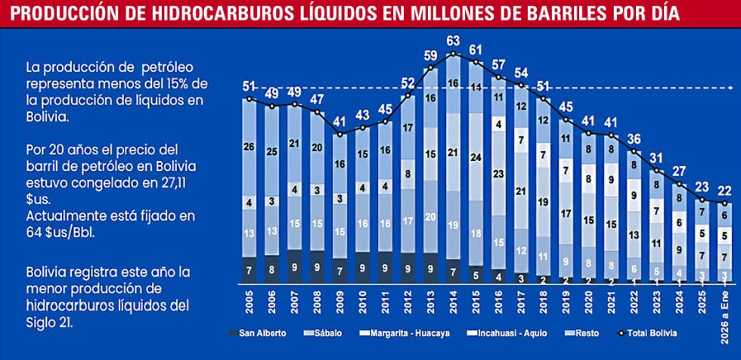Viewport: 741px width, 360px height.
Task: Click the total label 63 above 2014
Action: [454, 41]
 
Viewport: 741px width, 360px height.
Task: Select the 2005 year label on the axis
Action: [249, 301]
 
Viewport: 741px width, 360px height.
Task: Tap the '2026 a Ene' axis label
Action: [725, 306]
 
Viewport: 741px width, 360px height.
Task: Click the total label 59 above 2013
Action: [430, 55]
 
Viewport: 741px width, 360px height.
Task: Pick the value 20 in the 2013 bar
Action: [430, 216]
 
